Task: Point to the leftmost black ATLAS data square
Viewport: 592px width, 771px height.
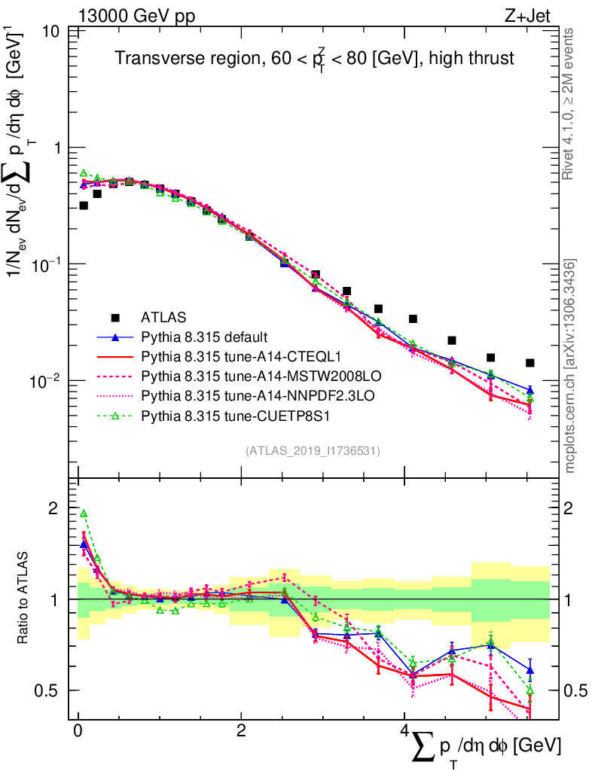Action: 84,206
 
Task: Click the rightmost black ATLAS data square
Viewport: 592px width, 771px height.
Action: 530,363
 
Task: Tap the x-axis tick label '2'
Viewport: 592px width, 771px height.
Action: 241,731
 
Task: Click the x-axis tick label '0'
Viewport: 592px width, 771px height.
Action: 78,731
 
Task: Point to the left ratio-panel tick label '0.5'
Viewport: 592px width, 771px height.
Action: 49,690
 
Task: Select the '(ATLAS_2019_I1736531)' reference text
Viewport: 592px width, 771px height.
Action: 313,451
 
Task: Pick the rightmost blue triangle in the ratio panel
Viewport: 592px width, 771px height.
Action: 530,669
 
